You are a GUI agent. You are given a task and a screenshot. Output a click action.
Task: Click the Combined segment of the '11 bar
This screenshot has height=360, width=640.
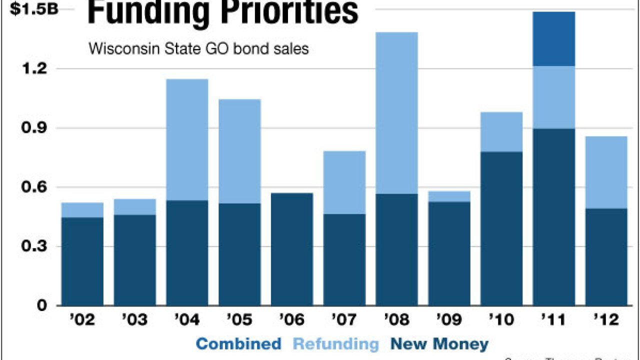pos(553,38)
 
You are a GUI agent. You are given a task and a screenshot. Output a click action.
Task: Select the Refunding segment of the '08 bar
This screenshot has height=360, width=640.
pos(396,112)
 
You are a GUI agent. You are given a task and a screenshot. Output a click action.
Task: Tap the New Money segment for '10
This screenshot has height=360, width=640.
pos(501,228)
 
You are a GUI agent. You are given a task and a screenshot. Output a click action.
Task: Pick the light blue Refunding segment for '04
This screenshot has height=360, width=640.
pos(187,139)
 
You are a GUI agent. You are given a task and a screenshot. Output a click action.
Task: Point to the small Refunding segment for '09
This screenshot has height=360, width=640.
pos(449,196)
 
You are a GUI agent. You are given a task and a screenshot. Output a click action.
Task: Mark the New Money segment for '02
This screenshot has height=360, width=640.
pos(82,261)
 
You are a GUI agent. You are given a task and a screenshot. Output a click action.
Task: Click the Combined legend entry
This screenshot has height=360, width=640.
pos(238,344)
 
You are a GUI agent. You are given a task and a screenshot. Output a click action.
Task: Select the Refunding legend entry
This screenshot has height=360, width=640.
pos(335,344)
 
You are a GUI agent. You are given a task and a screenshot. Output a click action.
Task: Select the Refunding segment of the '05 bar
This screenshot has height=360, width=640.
pos(239,151)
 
